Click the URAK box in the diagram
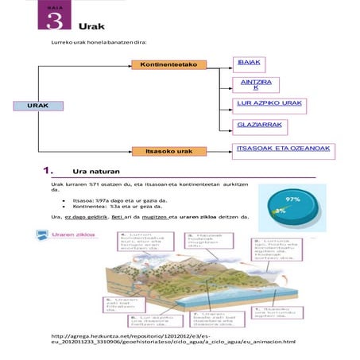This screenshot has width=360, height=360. (35, 105)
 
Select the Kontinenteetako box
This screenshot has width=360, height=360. (168, 64)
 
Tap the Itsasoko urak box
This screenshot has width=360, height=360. (173, 151)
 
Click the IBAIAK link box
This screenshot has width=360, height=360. (250, 62)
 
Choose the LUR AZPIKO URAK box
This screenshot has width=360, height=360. (269, 103)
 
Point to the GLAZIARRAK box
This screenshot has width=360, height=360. (260, 124)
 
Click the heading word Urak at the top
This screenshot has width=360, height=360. (91, 25)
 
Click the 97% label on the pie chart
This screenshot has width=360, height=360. (292, 199)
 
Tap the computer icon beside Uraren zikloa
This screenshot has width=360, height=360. (41, 235)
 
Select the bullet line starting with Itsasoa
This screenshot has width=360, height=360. (109, 202)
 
